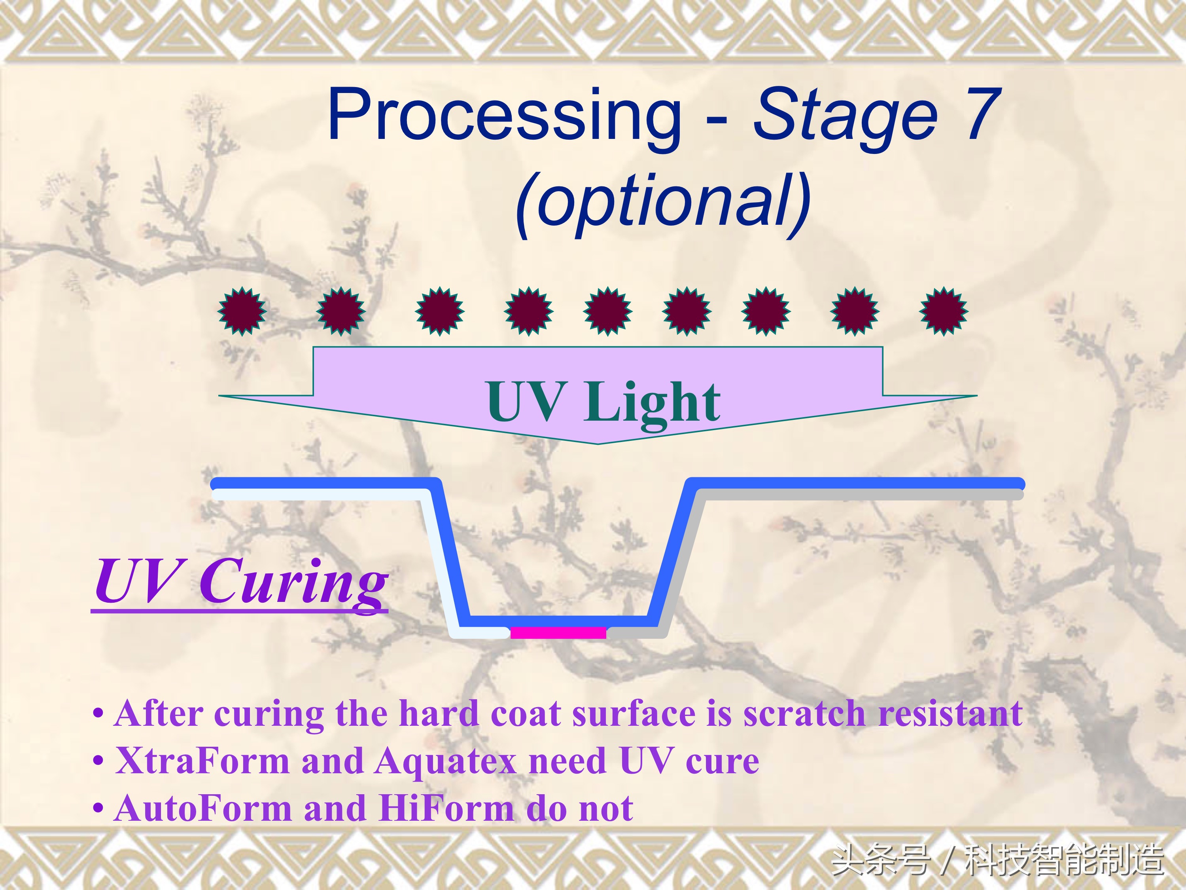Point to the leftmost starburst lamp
[x=241, y=311]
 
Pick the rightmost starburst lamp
[x=944, y=311]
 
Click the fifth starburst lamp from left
[x=607, y=311]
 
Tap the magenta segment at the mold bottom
[x=558, y=632]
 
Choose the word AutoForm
[x=202, y=808]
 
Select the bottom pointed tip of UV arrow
[x=598, y=444]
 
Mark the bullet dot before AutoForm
[x=98, y=808]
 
